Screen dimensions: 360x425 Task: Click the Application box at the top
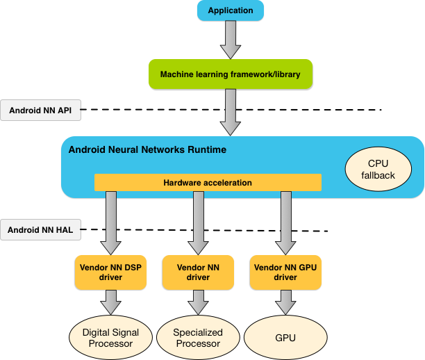[x=231, y=10]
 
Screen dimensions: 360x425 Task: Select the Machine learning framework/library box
[x=230, y=74]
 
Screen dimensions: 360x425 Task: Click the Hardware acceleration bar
[x=208, y=182]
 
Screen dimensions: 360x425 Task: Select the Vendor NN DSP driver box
[x=110, y=272]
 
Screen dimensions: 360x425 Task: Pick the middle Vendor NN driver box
[x=199, y=272]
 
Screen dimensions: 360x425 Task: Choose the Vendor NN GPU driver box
[x=285, y=272]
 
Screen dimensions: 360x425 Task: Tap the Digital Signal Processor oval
[x=110, y=338]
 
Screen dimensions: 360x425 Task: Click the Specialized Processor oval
[x=198, y=338]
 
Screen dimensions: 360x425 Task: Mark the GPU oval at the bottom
[x=285, y=338]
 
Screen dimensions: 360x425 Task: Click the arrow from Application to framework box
[x=231, y=40]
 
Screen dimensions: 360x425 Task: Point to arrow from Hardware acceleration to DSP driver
[x=111, y=222]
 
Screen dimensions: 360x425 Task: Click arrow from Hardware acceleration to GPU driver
[x=285, y=222]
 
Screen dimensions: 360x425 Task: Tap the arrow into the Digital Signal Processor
[x=111, y=302]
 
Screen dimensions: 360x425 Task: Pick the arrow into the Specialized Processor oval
[x=199, y=302]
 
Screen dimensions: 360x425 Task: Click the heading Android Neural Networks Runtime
[x=147, y=149]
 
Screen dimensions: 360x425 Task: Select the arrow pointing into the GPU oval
[x=285, y=302]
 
